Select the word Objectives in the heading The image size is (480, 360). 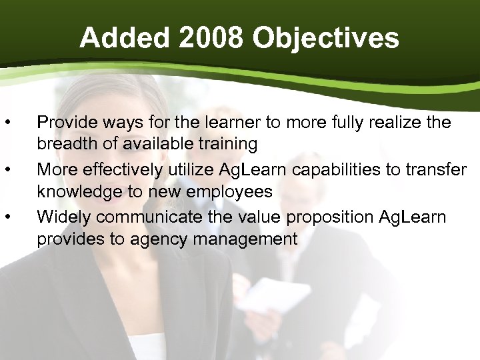(326, 38)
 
